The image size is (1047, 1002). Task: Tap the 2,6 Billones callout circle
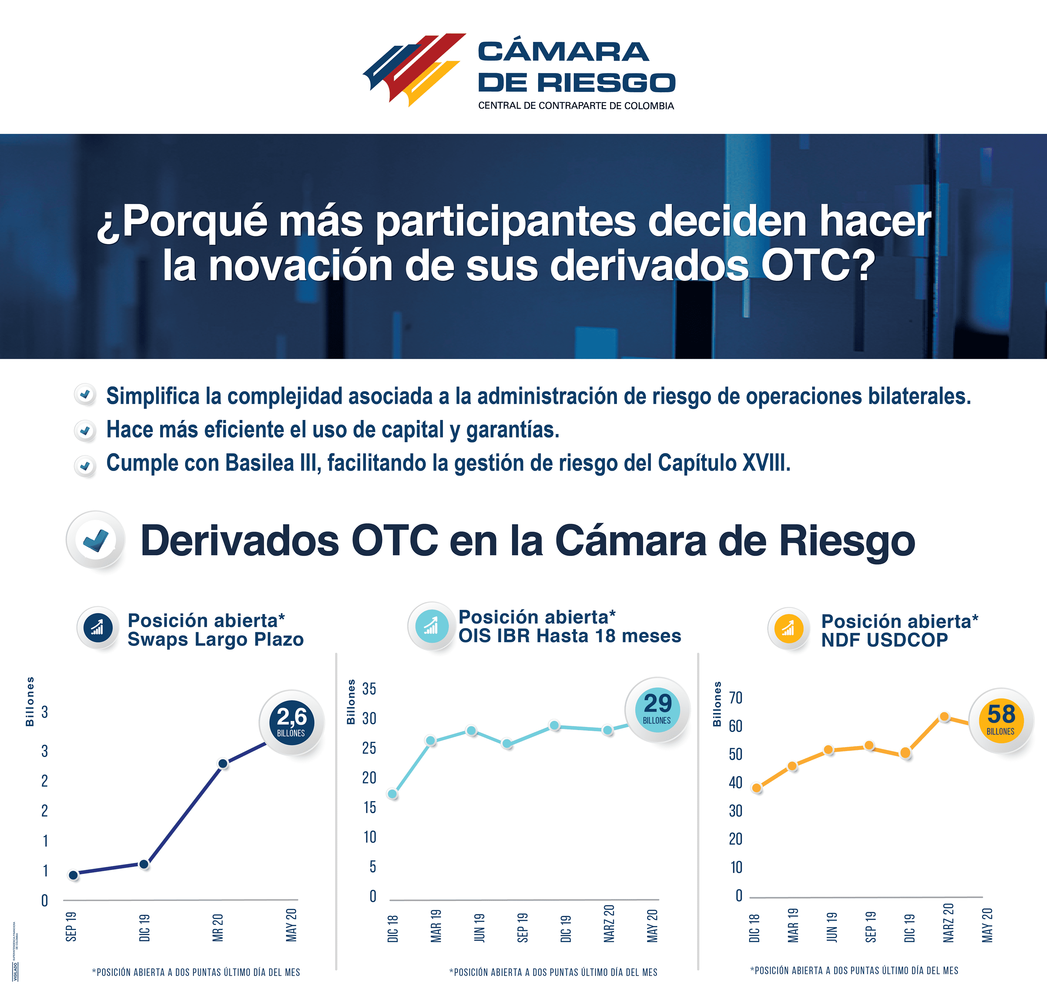point(291,722)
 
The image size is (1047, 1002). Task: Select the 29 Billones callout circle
point(657,709)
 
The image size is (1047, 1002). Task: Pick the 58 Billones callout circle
point(1001,720)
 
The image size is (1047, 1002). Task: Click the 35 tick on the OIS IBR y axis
point(369,689)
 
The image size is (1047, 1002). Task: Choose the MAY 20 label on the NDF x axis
point(987,925)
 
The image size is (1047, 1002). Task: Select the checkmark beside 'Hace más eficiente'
point(85,431)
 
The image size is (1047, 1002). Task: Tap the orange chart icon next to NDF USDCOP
point(788,628)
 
